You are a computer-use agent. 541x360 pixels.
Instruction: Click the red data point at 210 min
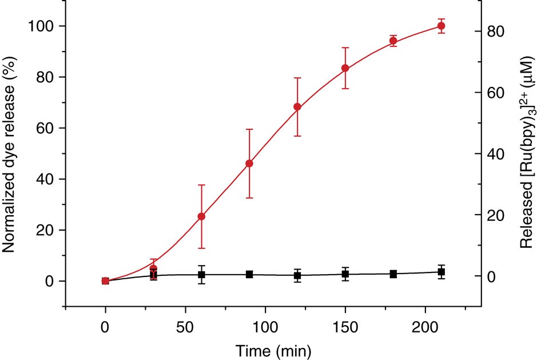[441, 26]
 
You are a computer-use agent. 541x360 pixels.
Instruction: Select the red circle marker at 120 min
[297, 107]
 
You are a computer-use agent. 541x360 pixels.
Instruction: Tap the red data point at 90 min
[249, 164]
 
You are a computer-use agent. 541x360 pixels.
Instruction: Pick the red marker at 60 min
[201, 216]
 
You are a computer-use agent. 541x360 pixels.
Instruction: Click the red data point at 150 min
[345, 68]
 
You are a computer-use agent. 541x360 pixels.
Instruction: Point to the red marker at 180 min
[393, 41]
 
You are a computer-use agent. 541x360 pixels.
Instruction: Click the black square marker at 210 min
[441, 272]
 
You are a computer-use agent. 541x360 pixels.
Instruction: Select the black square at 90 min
[249, 275]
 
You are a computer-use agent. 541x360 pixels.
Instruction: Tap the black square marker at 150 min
[345, 274]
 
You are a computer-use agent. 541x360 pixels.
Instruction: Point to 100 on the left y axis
[43, 26]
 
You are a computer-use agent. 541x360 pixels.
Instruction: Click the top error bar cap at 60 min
[201, 185]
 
